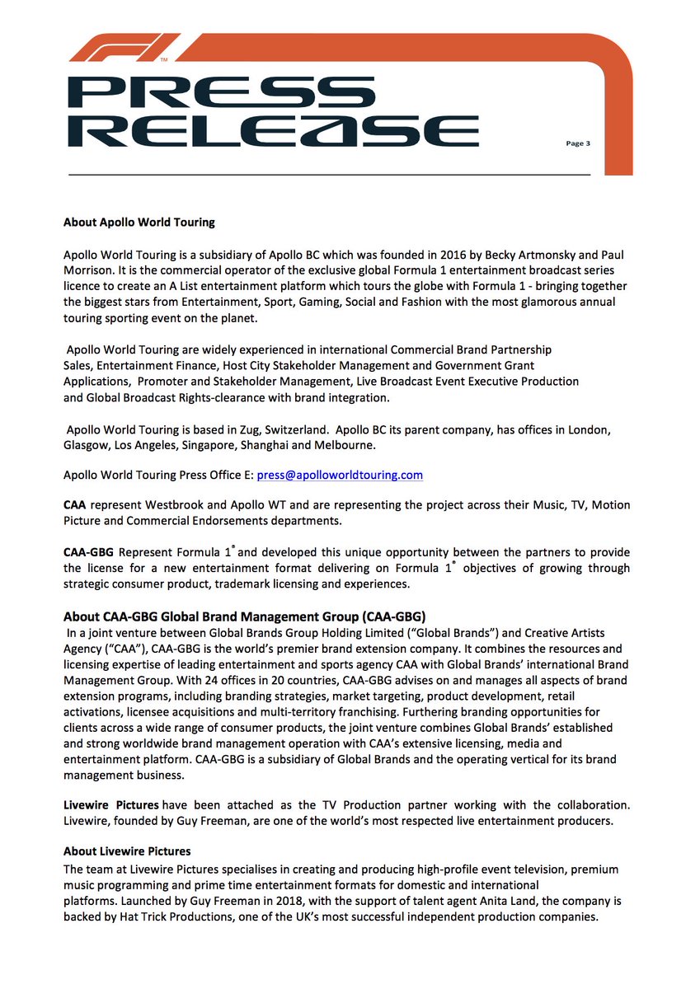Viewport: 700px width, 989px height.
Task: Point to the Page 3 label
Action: (x=577, y=143)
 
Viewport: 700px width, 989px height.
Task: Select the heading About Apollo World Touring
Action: (x=139, y=222)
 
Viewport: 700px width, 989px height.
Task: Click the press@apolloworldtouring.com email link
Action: (x=340, y=475)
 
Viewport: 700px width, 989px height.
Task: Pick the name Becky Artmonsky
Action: (x=480, y=255)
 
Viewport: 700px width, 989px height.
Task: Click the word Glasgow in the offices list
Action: (x=87, y=445)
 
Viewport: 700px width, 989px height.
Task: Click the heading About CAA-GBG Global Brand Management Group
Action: (x=245, y=616)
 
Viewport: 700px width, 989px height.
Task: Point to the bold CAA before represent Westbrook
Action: (x=74, y=504)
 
